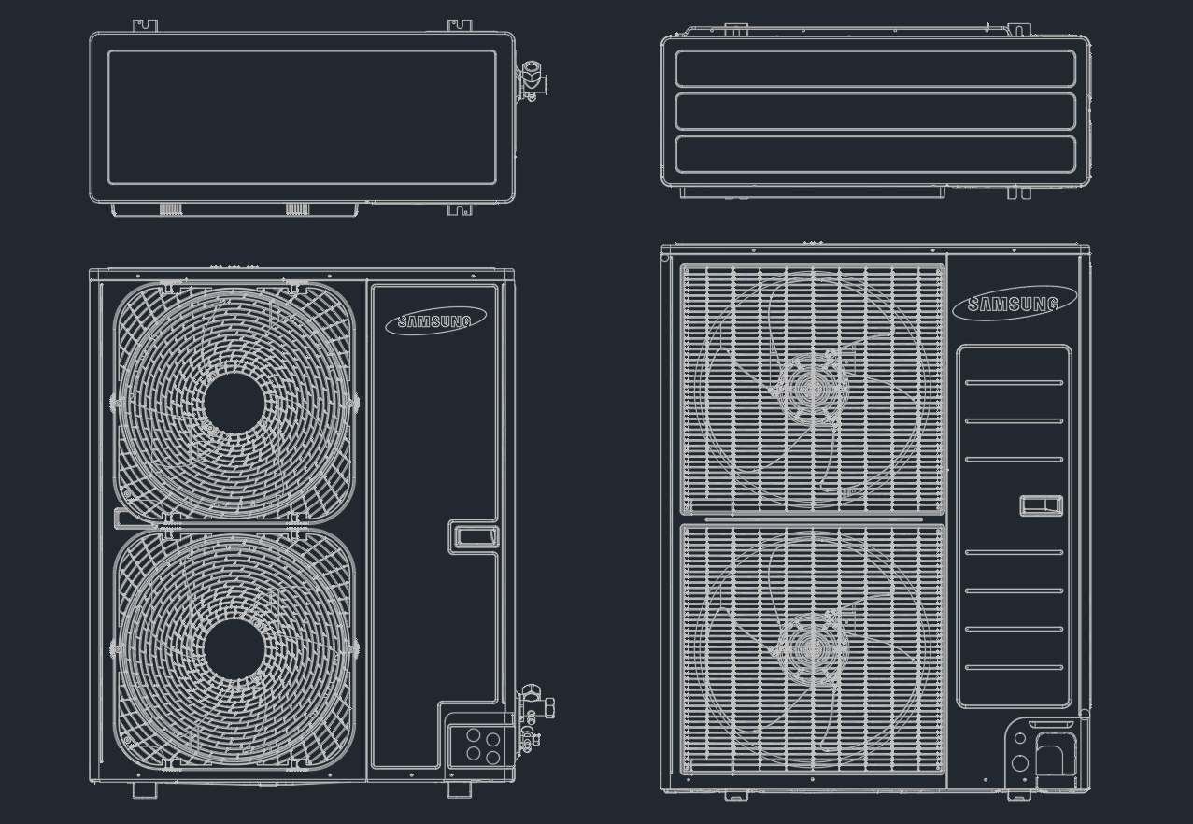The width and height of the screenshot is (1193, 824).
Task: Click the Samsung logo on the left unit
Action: coord(435,320)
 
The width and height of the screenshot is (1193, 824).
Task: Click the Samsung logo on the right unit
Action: coord(1014,304)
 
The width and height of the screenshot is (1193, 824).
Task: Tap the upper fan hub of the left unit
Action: coord(234,403)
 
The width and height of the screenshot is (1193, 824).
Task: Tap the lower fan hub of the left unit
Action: coord(234,649)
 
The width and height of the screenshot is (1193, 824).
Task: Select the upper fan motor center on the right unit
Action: coord(813,389)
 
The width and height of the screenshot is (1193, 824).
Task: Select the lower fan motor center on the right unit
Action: coord(813,649)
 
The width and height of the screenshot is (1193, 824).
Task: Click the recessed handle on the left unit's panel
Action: coord(474,536)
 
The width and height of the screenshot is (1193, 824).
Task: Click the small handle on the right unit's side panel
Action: coord(1042,505)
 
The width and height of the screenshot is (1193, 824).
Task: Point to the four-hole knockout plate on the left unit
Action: coord(482,746)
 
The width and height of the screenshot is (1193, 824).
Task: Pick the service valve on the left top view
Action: coord(533,81)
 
